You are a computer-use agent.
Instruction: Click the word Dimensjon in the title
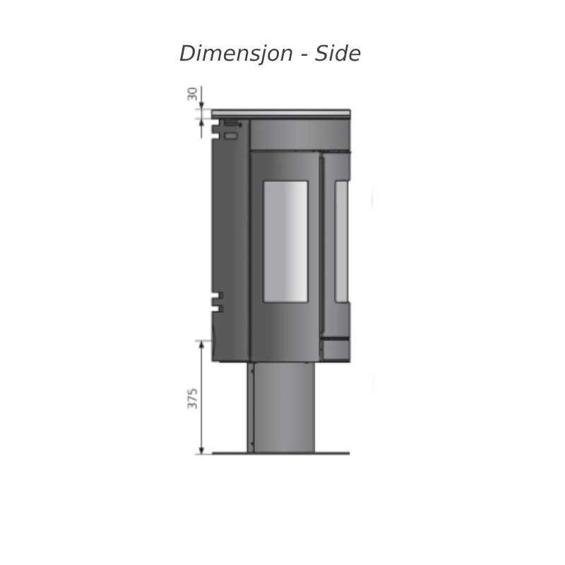236,54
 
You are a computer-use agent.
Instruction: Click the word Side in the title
338,54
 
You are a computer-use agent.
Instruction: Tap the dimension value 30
192,94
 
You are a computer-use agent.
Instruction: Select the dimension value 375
192,398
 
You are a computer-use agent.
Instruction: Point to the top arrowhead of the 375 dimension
201,345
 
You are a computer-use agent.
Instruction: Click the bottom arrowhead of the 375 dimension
201,450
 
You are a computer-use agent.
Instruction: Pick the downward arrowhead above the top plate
201,105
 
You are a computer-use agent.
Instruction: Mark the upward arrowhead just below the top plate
201,123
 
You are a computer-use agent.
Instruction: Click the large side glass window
285,242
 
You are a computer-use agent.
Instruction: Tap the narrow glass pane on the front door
342,242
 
